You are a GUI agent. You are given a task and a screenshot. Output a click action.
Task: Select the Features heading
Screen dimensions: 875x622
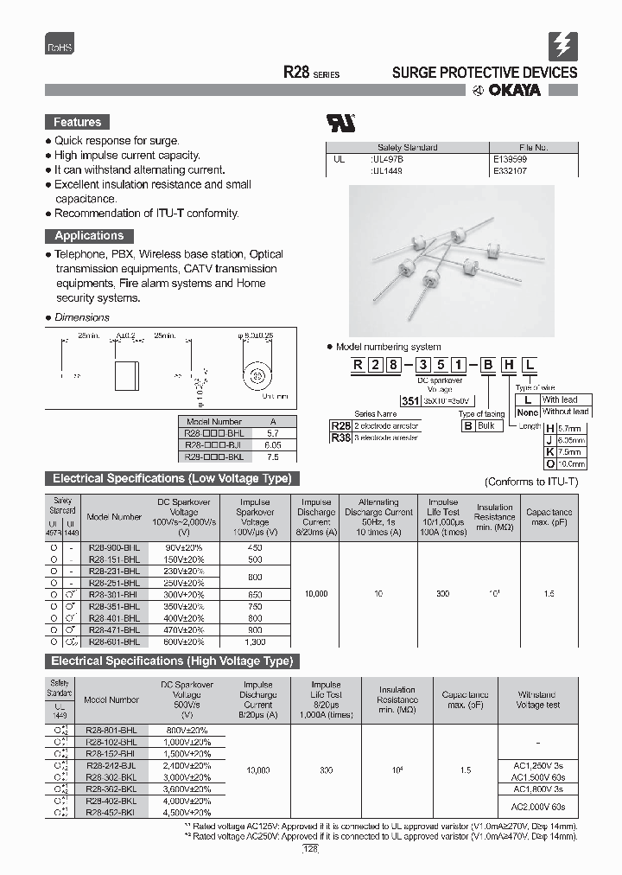[77, 122]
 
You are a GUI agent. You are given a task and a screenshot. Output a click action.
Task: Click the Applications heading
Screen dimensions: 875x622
[88, 235]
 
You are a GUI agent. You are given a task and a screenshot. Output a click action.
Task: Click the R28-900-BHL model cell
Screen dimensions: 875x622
[114, 547]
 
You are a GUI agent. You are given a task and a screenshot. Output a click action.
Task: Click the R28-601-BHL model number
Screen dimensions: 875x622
[114, 642]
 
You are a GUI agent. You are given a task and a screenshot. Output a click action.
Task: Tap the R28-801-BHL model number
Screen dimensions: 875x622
[111, 730]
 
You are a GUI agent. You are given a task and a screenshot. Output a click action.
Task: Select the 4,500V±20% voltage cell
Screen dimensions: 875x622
[187, 813]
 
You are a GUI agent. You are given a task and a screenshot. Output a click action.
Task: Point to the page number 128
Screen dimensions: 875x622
[311, 850]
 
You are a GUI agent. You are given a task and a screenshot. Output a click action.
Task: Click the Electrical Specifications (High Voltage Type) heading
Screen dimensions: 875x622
[172, 661]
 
